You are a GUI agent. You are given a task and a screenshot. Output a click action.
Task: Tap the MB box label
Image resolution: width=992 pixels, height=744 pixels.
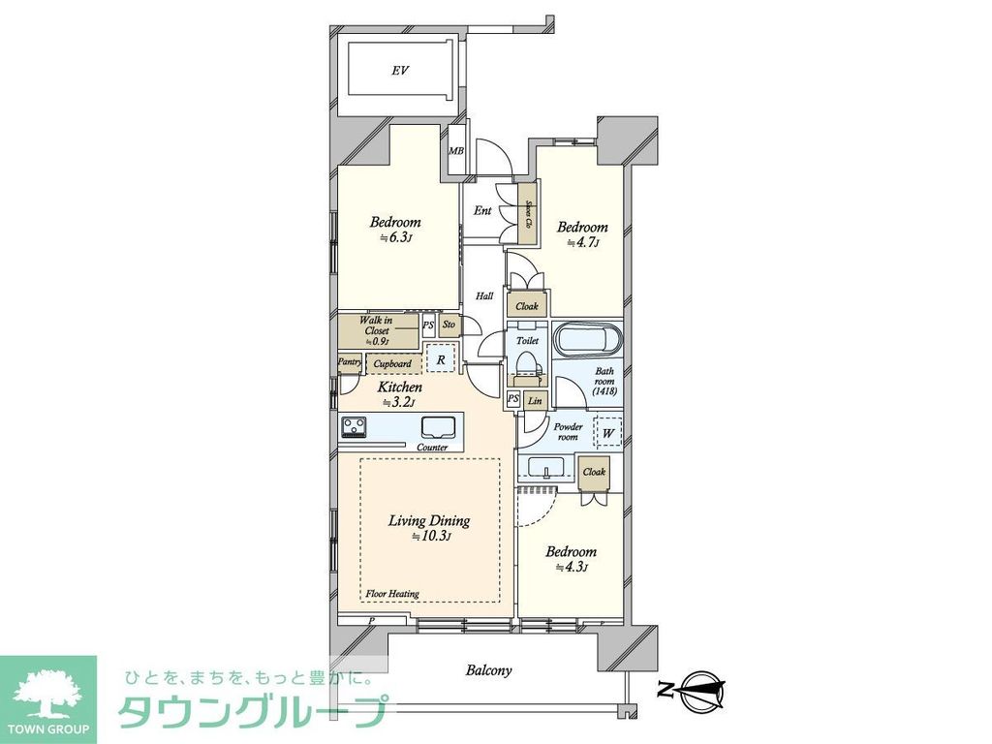455,150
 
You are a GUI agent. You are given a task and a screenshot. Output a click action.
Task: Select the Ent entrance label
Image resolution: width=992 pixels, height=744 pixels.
482,210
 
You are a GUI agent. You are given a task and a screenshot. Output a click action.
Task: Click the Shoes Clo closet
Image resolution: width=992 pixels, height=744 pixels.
528,212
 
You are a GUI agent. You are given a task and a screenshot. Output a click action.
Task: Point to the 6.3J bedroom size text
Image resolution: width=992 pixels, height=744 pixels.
396,238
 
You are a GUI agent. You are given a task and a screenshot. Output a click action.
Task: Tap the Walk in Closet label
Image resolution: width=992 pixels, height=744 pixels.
376,330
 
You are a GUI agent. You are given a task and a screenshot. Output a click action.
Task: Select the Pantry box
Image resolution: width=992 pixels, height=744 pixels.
349,363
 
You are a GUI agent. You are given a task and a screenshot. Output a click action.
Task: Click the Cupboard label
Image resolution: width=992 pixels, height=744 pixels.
392,364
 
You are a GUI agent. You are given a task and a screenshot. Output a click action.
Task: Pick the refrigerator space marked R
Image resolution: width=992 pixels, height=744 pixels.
441,359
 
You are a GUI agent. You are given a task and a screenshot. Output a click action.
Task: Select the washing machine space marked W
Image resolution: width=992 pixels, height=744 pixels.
607,432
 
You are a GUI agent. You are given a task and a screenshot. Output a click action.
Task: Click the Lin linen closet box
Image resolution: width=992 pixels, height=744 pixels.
535,400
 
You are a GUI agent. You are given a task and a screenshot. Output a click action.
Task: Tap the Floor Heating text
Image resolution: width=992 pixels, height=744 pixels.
392,593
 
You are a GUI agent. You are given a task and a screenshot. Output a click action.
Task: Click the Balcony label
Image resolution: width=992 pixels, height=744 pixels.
488,669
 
